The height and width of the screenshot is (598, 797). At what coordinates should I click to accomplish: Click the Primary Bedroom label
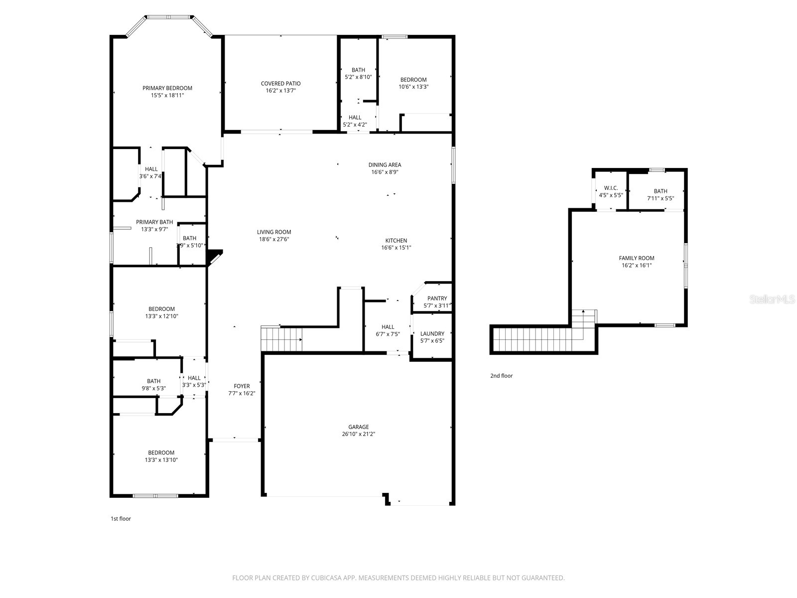coord(167,88)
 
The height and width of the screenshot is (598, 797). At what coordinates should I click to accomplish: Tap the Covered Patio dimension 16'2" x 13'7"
coord(280,91)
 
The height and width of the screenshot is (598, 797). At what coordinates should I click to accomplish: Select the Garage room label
coord(359,427)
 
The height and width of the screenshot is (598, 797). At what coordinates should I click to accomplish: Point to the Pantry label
coord(437,299)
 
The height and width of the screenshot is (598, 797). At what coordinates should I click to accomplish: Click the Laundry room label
coord(432,334)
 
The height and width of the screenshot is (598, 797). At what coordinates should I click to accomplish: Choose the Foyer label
coord(242,386)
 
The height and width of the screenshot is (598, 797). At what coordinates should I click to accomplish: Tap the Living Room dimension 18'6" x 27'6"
coord(274,239)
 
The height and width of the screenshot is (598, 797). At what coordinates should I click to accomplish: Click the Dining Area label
coord(385,165)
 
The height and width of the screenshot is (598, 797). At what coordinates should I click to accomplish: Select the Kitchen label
coord(396,241)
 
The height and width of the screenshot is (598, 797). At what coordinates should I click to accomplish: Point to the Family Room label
coord(637,258)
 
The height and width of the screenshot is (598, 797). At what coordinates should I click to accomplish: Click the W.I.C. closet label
coord(611,188)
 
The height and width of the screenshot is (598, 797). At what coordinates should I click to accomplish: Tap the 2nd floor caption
coord(501,376)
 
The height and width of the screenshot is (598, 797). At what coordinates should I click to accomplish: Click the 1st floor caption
coord(121,519)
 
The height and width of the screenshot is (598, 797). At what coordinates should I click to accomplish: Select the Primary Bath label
coord(154,222)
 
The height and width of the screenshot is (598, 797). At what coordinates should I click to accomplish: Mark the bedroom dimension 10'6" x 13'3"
coord(413,87)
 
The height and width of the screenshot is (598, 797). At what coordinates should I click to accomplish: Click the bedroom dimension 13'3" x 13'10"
coord(161,460)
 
